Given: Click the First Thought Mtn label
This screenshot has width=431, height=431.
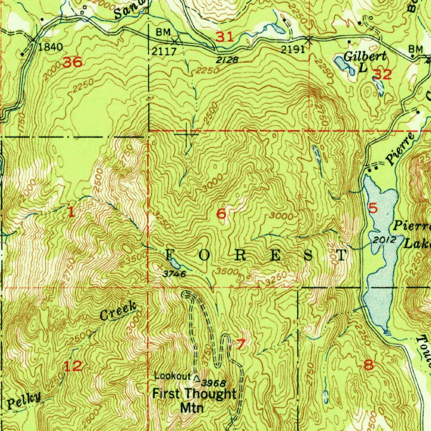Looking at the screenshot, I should [x=194, y=400].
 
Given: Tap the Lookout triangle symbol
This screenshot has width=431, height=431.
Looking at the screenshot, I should [x=197, y=377].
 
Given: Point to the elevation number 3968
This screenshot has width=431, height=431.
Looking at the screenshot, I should [x=214, y=383].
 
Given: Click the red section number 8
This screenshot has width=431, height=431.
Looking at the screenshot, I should [x=368, y=364].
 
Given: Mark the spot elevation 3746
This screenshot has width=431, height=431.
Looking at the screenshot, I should [x=175, y=274].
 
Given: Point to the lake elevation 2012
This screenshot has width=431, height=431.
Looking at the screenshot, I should [x=384, y=240].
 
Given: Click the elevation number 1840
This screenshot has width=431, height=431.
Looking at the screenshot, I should [x=50, y=47].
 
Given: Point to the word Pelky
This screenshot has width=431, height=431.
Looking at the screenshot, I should [x=24, y=400].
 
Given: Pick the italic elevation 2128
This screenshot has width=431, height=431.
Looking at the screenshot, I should [x=228, y=60].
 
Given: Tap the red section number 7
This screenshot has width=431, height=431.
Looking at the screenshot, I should [x=240, y=344].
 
